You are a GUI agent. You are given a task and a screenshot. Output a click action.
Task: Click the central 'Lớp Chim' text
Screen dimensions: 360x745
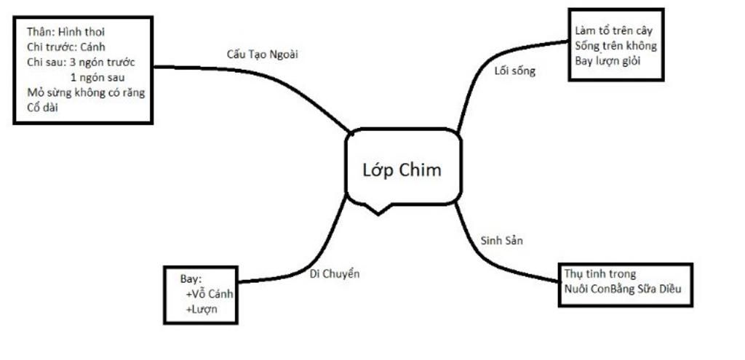[x=402, y=170]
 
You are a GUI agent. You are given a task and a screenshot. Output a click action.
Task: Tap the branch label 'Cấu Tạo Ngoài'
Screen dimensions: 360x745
[x=263, y=55]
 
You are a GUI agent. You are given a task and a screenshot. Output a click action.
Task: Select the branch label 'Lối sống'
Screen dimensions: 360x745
[x=514, y=71]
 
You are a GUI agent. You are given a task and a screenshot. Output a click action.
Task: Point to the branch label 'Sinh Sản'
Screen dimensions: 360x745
[x=502, y=241]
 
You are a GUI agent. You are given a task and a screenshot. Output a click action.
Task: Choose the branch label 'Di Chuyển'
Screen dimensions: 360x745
[x=335, y=273]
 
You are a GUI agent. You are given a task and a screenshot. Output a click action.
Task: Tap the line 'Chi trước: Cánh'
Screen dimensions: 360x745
[x=66, y=47]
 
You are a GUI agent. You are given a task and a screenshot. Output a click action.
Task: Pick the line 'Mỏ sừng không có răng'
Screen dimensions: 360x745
[x=85, y=92]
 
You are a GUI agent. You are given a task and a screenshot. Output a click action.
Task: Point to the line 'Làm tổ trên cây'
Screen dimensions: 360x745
[x=614, y=31]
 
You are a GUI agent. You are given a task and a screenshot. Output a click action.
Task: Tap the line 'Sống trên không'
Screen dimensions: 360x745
[x=615, y=46]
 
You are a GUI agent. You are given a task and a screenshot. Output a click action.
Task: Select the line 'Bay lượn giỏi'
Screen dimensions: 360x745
[x=608, y=60]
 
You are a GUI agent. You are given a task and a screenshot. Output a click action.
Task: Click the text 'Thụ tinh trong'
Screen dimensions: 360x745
[x=600, y=274]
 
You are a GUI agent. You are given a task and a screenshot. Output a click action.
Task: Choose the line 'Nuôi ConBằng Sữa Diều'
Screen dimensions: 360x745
[x=623, y=289]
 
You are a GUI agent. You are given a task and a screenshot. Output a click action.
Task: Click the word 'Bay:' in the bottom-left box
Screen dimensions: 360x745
[x=191, y=279]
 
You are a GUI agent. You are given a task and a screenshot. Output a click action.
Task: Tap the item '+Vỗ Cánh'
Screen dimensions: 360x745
[x=209, y=295]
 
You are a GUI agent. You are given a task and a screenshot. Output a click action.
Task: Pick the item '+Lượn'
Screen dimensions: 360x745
[x=202, y=310]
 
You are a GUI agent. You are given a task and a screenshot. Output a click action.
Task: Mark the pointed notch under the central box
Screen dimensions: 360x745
[x=378, y=211]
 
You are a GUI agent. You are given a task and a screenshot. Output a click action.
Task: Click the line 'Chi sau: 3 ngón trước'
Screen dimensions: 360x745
[x=80, y=62]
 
